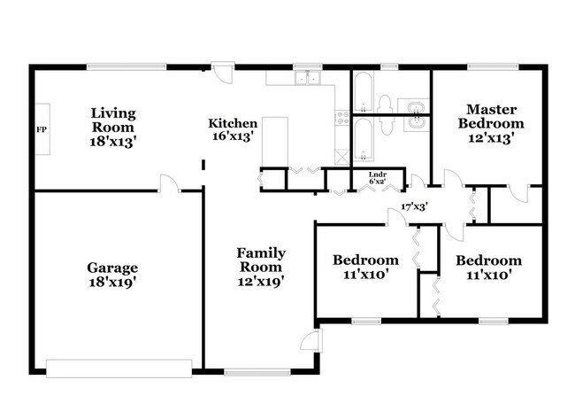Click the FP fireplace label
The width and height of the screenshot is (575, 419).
tap(41, 130)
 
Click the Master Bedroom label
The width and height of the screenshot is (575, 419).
tap(490, 117)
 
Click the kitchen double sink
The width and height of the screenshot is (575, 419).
tap(307, 79)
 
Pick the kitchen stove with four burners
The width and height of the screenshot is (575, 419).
tap(341, 116)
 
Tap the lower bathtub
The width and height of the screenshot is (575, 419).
tap(364, 139)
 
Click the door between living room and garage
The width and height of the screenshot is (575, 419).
tap(167, 183)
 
